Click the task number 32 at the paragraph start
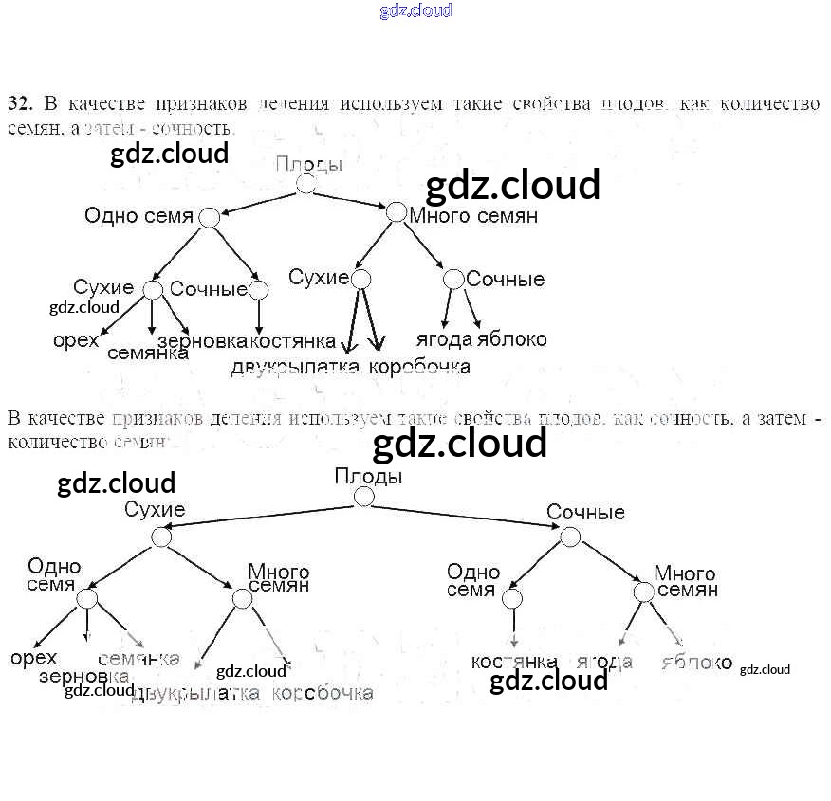tap(20, 103)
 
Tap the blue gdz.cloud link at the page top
tap(415, 10)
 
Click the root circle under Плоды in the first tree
tap(305, 184)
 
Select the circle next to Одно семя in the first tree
tap(210, 218)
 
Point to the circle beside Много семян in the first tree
tap(397, 211)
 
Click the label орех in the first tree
tap(76, 339)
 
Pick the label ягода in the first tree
tap(444, 339)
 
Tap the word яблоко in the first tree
tap(512, 339)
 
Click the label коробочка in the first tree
tap(419, 366)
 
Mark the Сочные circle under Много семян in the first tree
tap(453, 279)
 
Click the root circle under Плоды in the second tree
tap(364, 497)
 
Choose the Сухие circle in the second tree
tap(161, 537)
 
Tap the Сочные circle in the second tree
tap(569, 537)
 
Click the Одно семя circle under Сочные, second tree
tap(512, 598)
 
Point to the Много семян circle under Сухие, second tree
tap(242, 598)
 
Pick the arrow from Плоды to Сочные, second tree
tap(465, 517)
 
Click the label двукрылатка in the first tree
tap(295, 366)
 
